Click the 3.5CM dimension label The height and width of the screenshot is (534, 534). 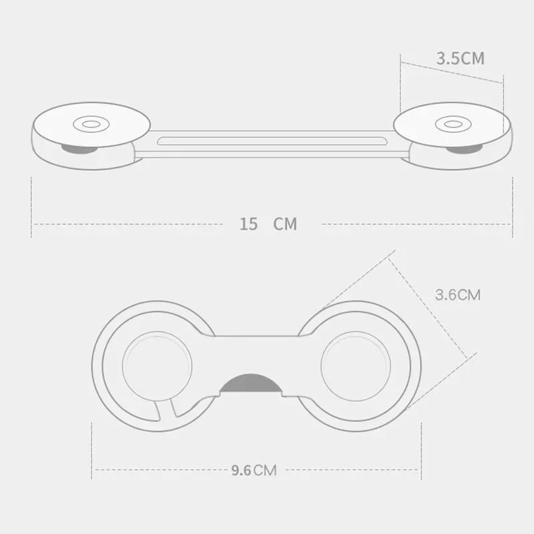(x=460, y=57)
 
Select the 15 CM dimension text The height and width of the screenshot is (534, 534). (x=268, y=224)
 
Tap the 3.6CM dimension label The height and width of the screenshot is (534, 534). (x=457, y=294)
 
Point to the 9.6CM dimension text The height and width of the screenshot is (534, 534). (x=254, y=470)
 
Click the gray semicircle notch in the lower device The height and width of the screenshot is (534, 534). (x=250, y=385)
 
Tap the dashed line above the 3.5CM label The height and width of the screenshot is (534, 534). (x=451, y=73)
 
